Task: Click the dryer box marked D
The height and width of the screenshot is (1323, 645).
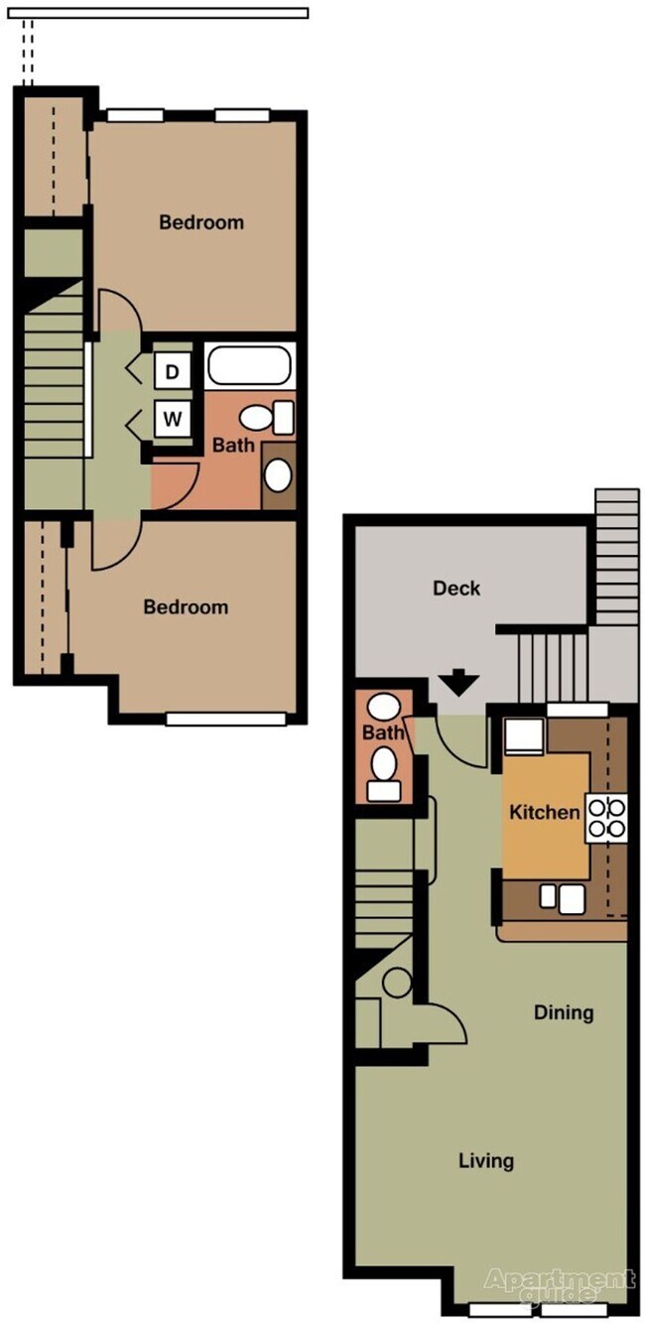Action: pos(173,373)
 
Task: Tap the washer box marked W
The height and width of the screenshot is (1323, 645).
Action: pos(173,419)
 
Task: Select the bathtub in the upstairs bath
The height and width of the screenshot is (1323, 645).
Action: pos(249,365)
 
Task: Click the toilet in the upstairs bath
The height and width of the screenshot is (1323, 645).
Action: pos(269,418)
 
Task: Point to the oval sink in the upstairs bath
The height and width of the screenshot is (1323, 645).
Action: pos(279,475)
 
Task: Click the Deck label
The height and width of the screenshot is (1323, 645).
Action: pos(456,588)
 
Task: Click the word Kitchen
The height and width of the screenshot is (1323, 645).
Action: pos(544,813)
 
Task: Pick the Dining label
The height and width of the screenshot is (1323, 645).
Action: pos(564,1013)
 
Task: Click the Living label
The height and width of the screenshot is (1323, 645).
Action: pos(486,1160)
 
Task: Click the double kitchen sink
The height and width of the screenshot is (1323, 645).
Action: pos(560,898)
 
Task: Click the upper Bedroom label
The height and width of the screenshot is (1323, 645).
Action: pos(201,222)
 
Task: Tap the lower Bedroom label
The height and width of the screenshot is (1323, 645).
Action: pos(186,606)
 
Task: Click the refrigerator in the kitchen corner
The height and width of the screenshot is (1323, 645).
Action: pos(520,738)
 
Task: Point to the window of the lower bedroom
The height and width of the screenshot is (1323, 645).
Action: pos(227,719)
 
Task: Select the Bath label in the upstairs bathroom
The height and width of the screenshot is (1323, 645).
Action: pos(233,446)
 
